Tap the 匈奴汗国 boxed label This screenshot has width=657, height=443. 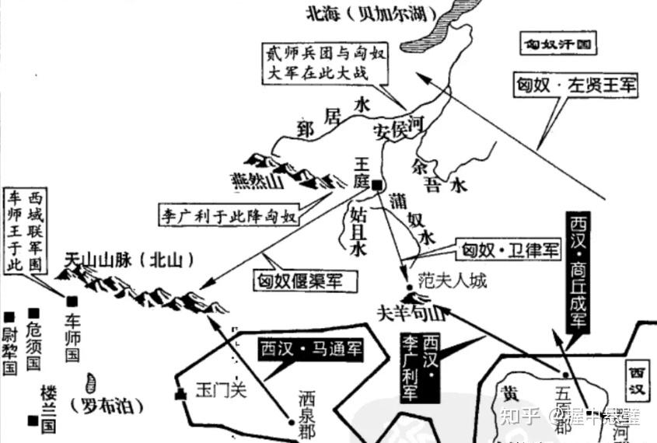point(558,45)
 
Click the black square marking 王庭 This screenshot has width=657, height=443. point(376,185)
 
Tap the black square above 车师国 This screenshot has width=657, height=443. point(72,301)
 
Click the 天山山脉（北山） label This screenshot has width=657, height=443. point(129,260)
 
